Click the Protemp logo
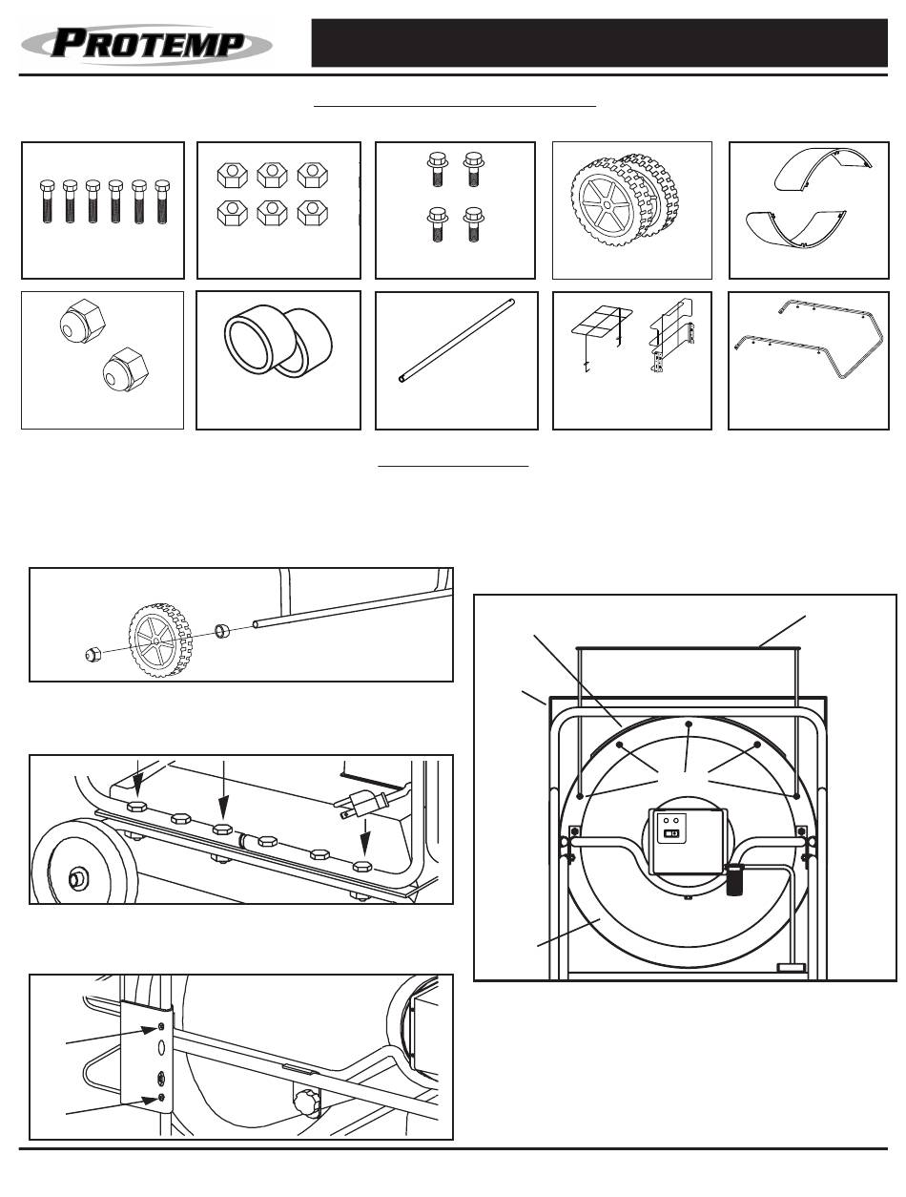(148, 44)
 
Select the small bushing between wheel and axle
(223, 630)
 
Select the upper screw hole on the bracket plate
(160, 1026)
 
